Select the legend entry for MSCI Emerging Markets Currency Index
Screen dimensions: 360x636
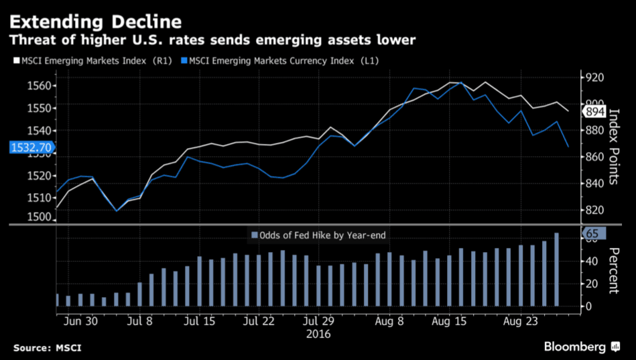click(281, 60)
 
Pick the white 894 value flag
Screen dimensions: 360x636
click(594, 111)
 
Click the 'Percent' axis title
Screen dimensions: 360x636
click(614, 271)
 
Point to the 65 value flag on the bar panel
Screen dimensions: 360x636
click(594, 234)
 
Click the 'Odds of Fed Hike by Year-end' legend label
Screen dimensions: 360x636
click(322, 235)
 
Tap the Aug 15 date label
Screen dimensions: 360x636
click(450, 321)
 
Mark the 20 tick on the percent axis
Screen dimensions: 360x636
click(588, 284)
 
